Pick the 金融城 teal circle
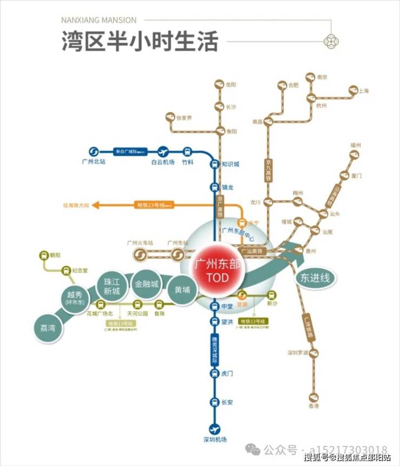click(x=147, y=285)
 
